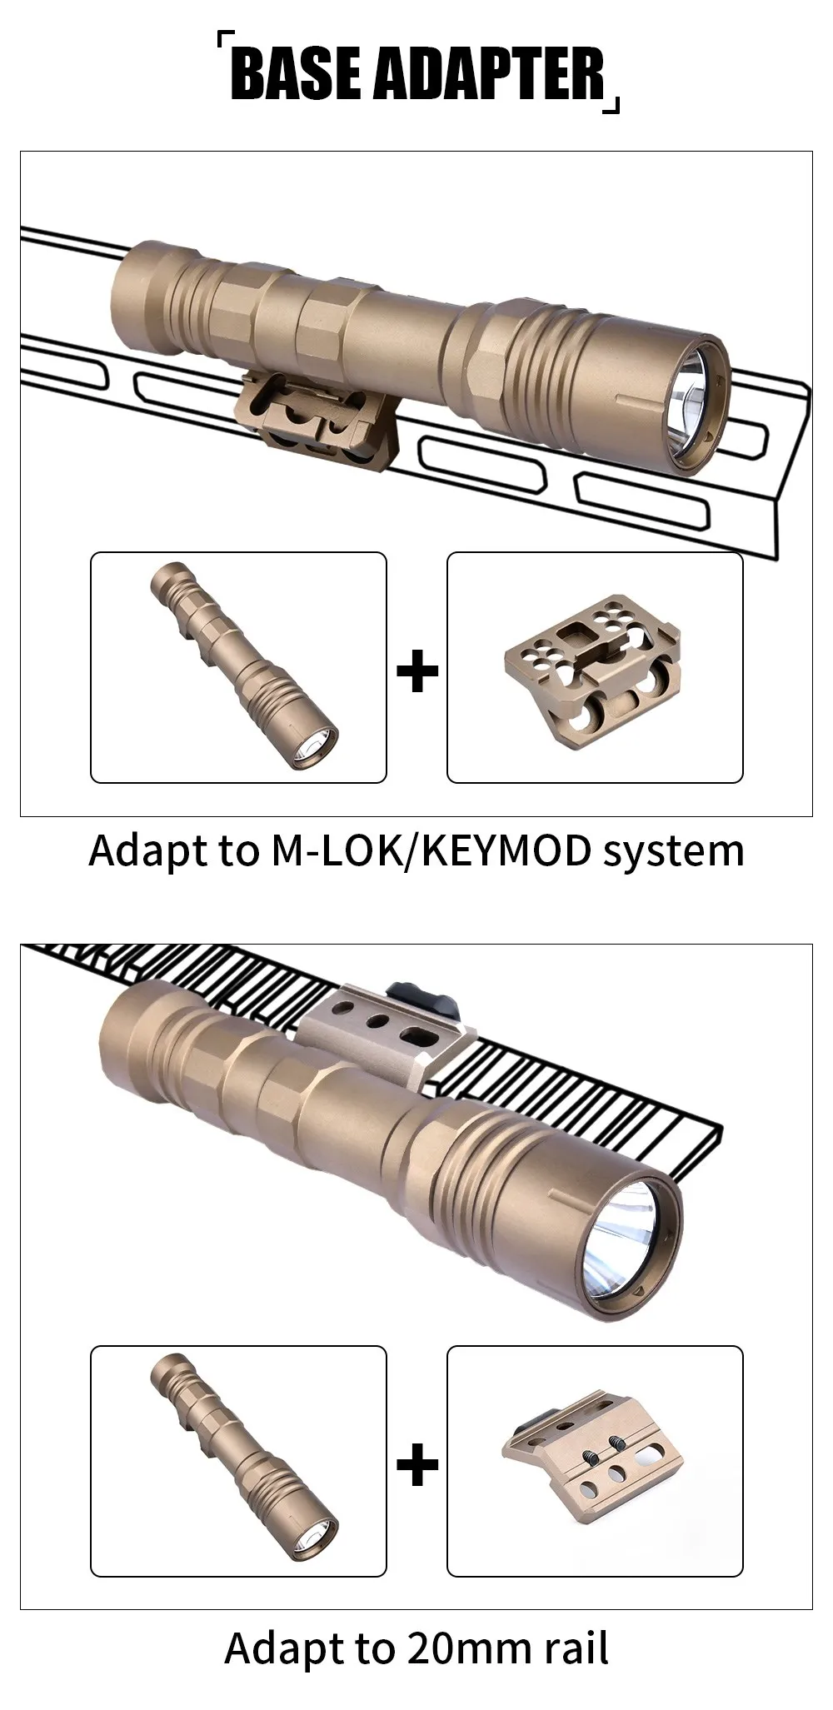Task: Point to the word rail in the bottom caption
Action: pyautogui.click(x=578, y=1648)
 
